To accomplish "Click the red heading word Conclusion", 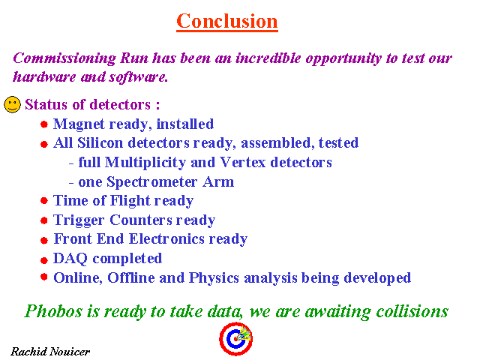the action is pos(227,21).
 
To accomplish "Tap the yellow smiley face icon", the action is pos(12,104).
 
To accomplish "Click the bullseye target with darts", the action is pos(235,338).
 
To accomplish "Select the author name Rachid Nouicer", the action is pos(50,352).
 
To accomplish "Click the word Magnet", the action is pos(79,124).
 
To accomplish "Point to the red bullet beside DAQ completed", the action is pos(44,260).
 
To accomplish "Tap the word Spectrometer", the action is pos(152,181).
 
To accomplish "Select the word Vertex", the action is pos(243,162).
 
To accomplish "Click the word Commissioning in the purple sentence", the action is pos(64,58).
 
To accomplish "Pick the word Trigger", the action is pos(79,220).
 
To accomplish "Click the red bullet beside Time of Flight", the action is pos(44,201).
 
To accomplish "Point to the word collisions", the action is pos(412,311).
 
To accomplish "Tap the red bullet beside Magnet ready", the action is pos(44,124).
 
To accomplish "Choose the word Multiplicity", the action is pos(145,163).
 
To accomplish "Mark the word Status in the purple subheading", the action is pos(46,104).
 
